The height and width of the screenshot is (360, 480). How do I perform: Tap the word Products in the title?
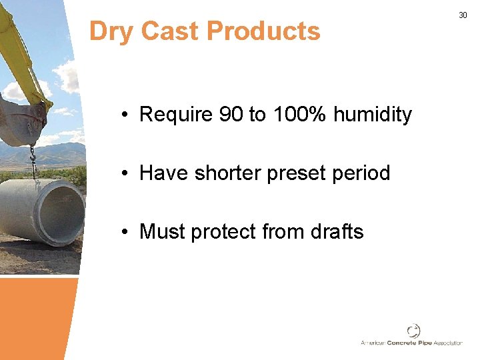pos(263,31)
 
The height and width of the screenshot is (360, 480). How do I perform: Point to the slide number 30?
pos(463,15)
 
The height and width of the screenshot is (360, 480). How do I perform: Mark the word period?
pos(361,174)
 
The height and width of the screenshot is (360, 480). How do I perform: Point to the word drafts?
pos(337,232)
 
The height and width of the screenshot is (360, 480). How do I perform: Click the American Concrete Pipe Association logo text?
pos(411,343)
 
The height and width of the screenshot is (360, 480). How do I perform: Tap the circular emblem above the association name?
pos(413,330)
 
